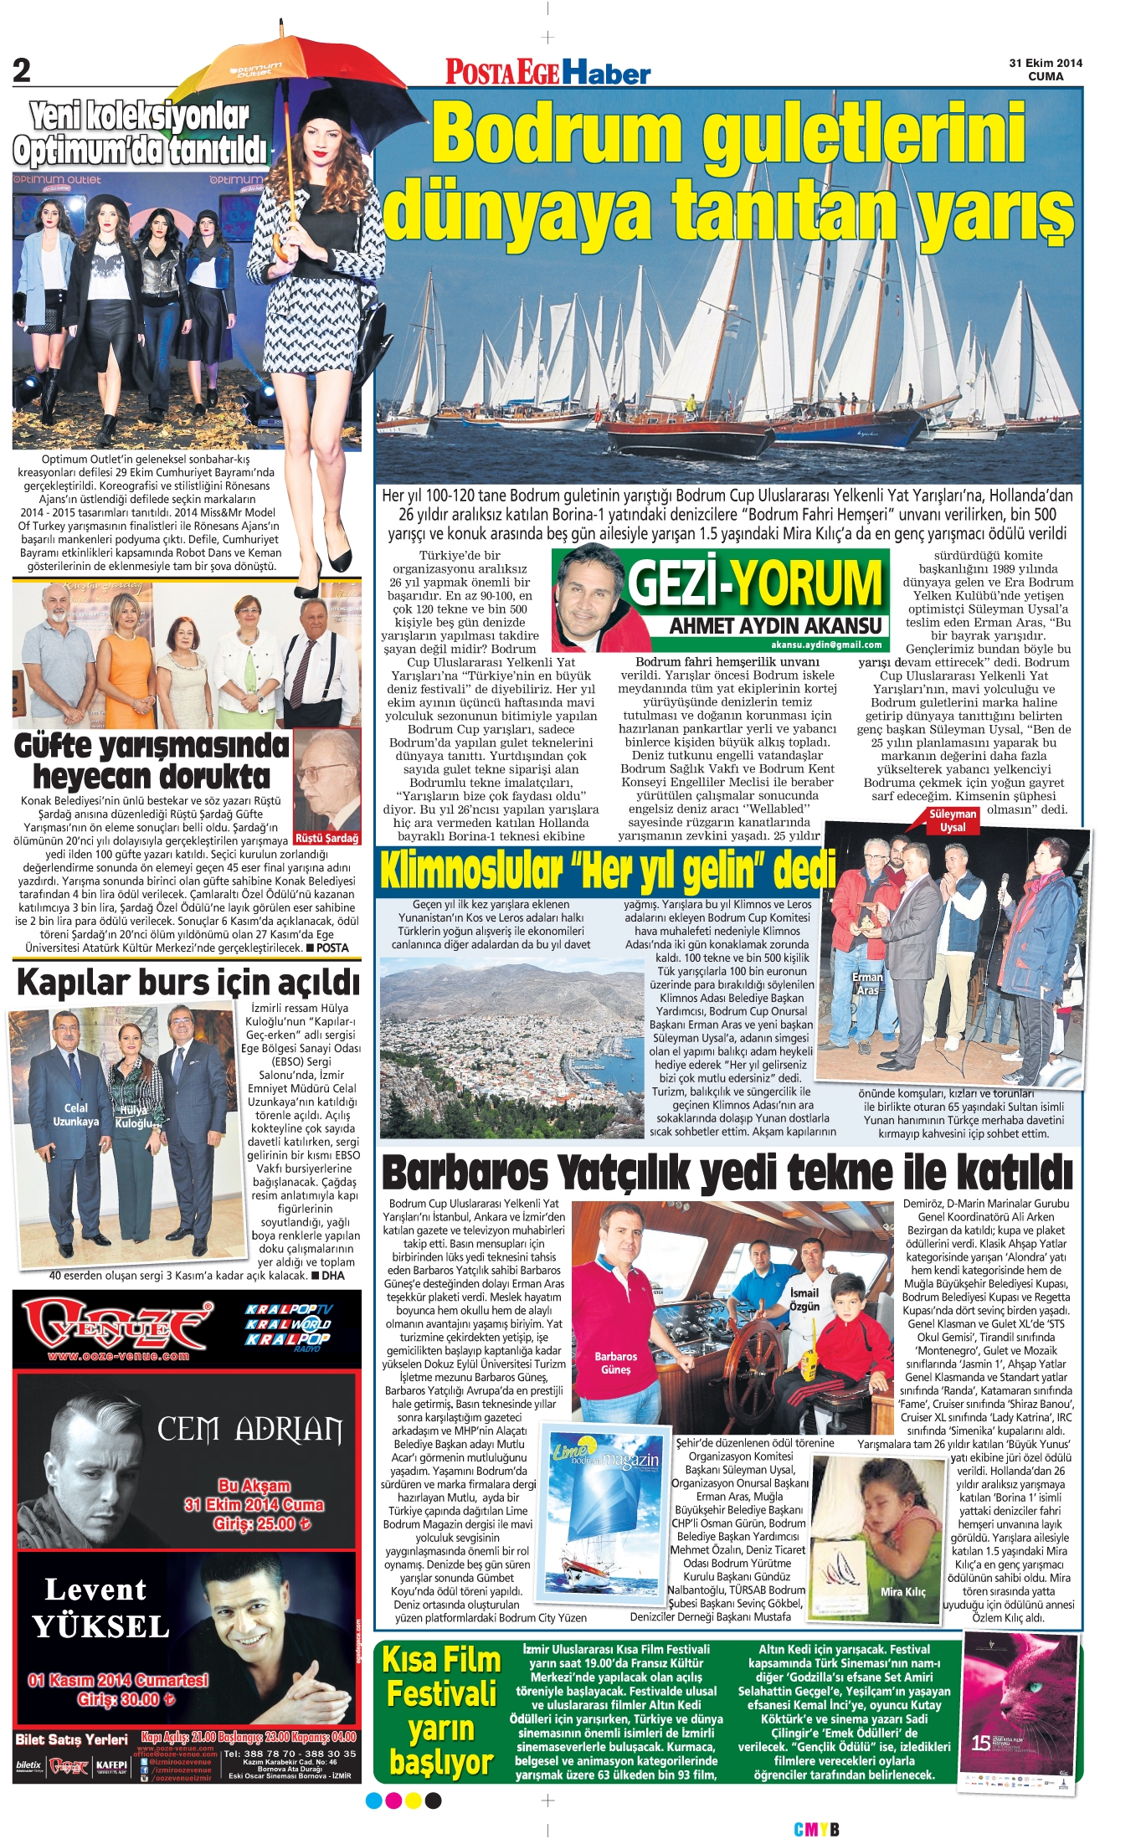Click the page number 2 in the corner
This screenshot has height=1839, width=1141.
(22, 70)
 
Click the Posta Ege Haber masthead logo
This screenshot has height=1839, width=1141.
(547, 72)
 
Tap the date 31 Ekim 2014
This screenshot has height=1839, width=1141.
(1046, 63)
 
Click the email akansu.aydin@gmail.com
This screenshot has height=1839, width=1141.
(826, 645)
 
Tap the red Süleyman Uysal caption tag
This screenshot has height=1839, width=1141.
(953, 820)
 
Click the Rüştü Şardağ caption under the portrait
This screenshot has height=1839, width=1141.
(326, 838)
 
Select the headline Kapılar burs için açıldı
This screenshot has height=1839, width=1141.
(188, 982)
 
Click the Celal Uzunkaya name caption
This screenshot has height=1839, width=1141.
(75, 1114)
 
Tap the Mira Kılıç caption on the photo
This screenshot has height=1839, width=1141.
(902, 1591)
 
